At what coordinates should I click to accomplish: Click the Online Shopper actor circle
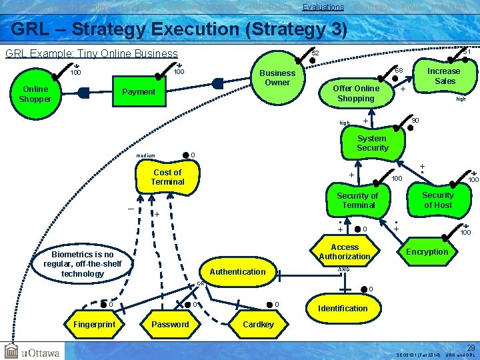(35, 94)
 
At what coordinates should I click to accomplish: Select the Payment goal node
(139, 92)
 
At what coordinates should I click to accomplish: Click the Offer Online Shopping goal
(355, 93)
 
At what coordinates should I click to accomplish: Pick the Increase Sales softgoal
(443, 76)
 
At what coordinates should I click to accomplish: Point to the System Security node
(372, 143)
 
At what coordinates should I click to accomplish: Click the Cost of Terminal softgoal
(167, 177)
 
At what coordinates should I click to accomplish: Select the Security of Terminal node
(357, 201)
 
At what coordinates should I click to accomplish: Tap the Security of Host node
(438, 200)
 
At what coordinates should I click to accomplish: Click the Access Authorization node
(345, 252)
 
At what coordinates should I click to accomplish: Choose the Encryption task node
(427, 251)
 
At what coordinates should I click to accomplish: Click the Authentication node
(237, 272)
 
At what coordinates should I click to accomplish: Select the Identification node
(343, 309)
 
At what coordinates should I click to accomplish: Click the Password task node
(171, 325)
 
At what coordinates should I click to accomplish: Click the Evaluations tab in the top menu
(323, 7)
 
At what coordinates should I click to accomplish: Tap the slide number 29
(471, 347)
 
